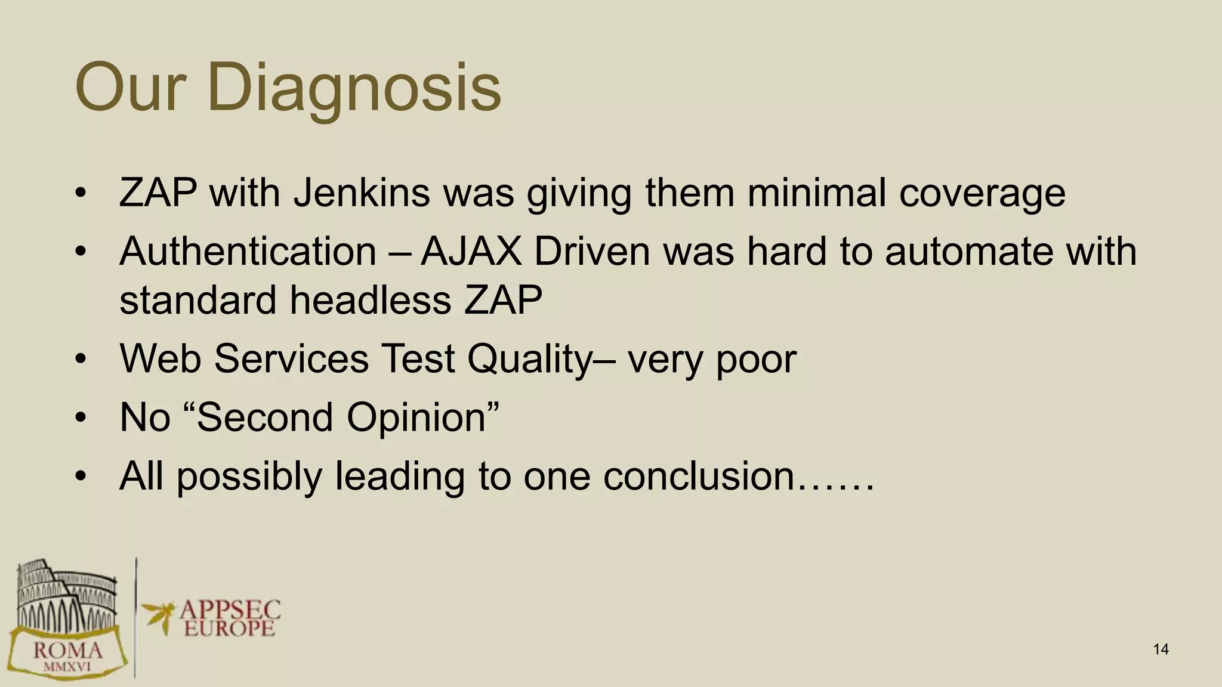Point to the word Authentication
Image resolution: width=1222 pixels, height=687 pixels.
(x=248, y=251)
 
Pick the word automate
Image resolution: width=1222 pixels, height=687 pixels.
(x=969, y=251)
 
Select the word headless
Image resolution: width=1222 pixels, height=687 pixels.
(x=370, y=299)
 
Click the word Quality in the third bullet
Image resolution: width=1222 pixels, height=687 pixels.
(x=529, y=358)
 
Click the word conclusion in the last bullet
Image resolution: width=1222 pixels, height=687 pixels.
(x=698, y=475)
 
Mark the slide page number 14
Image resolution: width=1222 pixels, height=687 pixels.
(x=1161, y=649)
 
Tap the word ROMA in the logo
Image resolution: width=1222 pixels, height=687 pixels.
(x=67, y=650)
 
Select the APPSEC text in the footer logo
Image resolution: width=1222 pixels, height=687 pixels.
(x=230, y=610)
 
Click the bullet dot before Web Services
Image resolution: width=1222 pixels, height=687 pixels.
(x=81, y=359)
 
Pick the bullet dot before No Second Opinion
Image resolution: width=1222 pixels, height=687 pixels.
(x=81, y=417)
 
